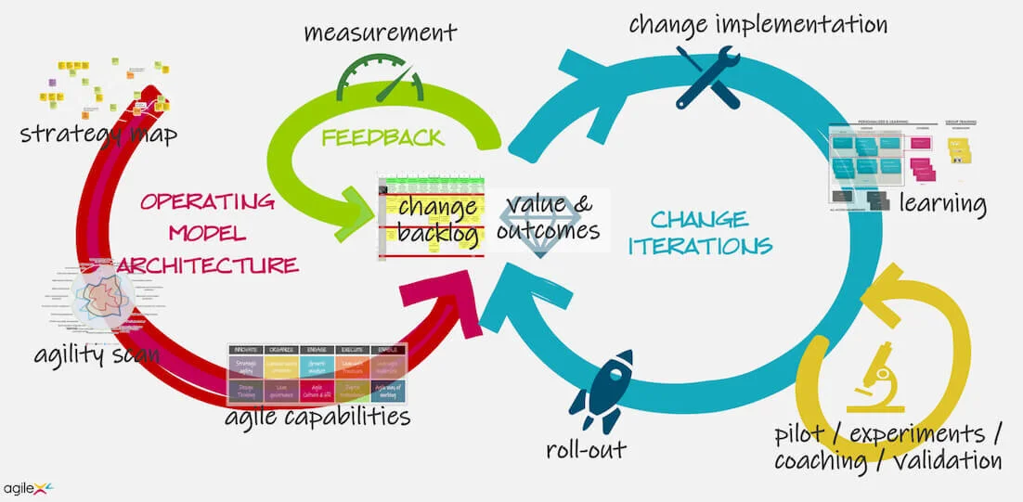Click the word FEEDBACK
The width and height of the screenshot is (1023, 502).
point(382,138)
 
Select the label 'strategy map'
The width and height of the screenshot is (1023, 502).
point(98,134)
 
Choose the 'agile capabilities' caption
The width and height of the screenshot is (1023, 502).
point(317,416)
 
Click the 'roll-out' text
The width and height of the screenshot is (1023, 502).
point(587,450)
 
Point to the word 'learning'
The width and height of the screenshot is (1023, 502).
point(942,203)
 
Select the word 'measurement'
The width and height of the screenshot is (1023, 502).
point(381,33)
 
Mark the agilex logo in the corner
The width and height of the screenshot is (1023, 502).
point(28,487)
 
